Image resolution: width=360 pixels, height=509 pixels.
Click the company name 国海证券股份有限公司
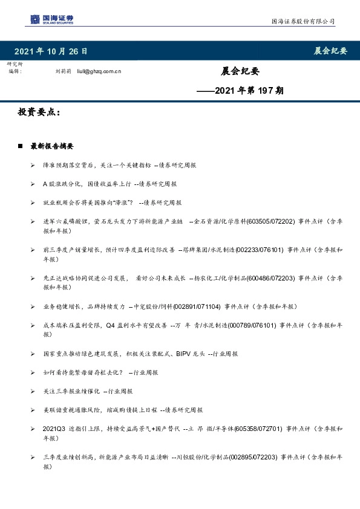(x=302, y=21)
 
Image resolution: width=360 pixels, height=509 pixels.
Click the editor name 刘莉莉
(x=64, y=71)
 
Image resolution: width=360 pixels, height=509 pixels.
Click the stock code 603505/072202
(x=269, y=221)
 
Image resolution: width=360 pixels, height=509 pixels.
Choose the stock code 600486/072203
(x=269, y=277)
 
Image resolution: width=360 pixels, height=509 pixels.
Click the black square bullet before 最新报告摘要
(x=20, y=146)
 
